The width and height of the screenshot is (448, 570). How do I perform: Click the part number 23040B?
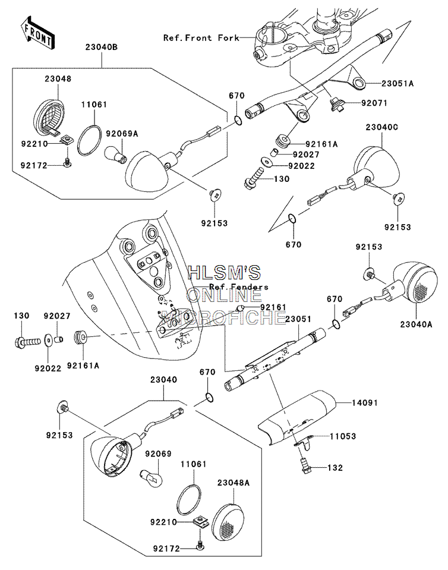pos(102,48)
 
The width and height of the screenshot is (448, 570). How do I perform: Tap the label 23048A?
pos(234,483)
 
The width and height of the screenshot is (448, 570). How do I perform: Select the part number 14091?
pos(365,403)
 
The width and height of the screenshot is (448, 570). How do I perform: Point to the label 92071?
pos(374,103)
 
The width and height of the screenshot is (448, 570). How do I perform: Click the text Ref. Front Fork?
pos(201,38)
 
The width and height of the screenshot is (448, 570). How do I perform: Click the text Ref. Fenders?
pos(239,287)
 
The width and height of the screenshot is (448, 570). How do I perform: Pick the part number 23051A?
pos(397,83)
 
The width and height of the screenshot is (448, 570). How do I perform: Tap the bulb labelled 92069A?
pos(115,155)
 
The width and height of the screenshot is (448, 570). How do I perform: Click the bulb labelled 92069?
pos(149,476)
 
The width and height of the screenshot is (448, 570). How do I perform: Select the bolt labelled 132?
pos(304,465)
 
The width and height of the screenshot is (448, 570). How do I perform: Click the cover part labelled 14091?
pos(296,417)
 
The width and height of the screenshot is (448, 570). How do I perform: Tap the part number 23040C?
pos(382,127)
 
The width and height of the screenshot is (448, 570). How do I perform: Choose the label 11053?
pos(343,436)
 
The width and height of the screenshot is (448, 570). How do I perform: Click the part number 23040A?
pos(416,324)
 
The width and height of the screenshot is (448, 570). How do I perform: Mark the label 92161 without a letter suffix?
pos(273,307)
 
